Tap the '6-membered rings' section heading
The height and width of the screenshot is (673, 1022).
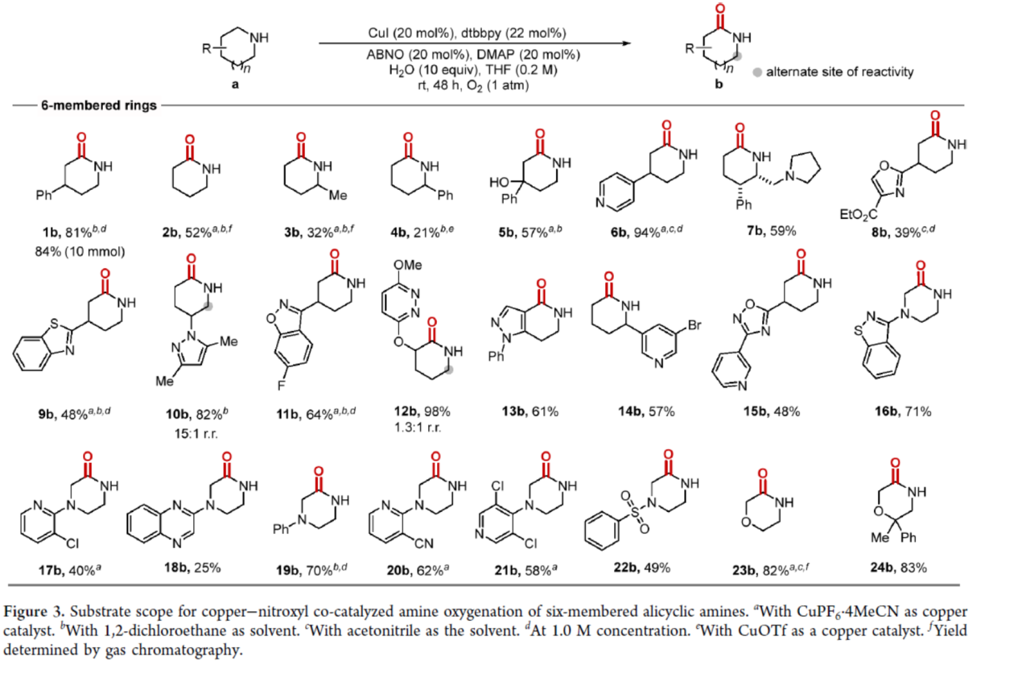point(100,105)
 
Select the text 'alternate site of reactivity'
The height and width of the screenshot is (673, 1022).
point(840,72)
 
